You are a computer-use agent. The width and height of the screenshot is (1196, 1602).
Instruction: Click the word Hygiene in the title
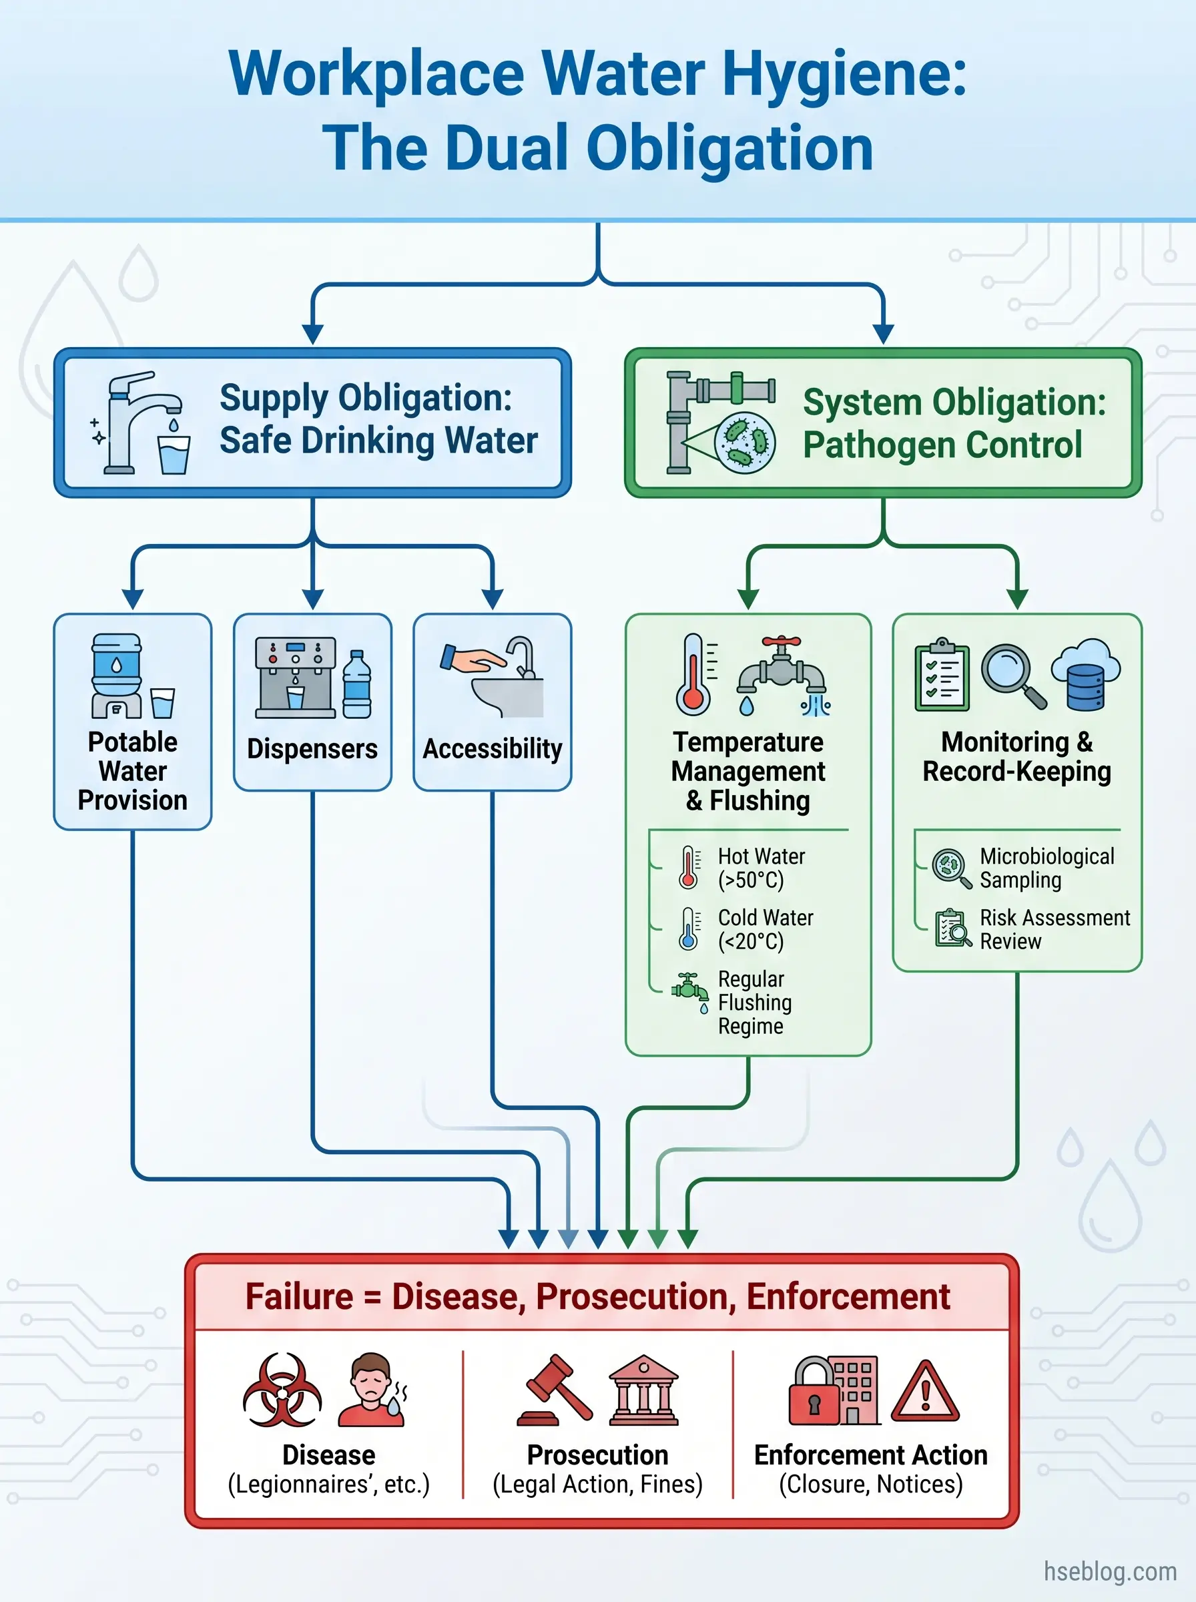click(844, 75)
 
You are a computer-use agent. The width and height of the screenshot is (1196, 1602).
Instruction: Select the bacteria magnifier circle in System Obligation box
click(745, 442)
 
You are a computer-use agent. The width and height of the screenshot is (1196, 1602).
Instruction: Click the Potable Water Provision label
click(133, 771)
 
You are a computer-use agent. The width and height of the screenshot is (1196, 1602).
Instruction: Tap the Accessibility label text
click(493, 748)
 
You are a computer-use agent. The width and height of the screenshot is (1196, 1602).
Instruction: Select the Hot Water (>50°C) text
click(760, 868)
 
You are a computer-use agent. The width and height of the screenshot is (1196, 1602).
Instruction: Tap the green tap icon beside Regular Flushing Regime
click(689, 989)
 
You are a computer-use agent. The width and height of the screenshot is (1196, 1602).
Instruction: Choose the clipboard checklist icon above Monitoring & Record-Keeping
click(942, 675)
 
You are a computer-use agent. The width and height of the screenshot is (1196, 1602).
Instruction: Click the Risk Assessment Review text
click(1053, 929)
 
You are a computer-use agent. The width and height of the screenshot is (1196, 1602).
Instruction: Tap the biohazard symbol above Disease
click(282, 1389)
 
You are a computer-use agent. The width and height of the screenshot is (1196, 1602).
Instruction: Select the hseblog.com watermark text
click(1109, 1571)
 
